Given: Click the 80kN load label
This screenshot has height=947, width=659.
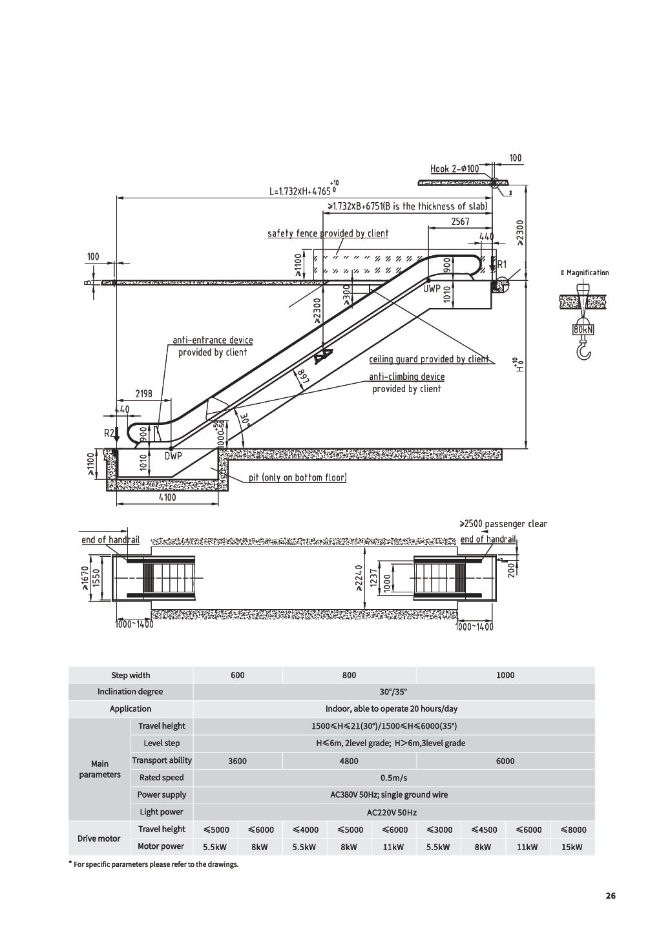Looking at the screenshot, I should click(583, 330).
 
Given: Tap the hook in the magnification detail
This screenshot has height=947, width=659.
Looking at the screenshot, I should click(583, 350).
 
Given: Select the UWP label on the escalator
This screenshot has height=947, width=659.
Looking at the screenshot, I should click(432, 289).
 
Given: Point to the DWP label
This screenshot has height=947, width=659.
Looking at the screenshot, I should click(173, 456).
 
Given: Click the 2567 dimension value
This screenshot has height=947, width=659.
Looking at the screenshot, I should click(461, 222).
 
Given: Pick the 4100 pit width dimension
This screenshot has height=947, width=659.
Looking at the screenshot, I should click(167, 497).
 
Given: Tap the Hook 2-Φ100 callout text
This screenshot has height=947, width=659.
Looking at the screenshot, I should click(455, 169).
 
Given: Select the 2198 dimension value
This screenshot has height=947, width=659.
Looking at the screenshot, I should click(143, 393).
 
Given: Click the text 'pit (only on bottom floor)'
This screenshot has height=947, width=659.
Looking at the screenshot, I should click(298, 477).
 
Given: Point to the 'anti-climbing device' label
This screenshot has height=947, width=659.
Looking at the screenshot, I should click(407, 377).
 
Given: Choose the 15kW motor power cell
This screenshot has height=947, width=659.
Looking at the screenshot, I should click(572, 847).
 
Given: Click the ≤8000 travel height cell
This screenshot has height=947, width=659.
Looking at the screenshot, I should click(573, 829).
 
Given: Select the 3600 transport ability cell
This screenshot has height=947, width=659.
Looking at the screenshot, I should click(237, 761).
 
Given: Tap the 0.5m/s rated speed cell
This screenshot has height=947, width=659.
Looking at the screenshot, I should click(393, 778).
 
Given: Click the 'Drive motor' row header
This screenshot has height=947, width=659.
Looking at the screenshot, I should click(99, 838).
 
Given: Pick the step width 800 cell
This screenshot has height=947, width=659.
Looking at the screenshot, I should click(349, 675).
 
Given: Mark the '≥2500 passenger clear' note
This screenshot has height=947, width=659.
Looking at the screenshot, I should click(503, 524).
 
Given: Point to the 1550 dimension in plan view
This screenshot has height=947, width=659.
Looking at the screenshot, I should click(96, 578).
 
